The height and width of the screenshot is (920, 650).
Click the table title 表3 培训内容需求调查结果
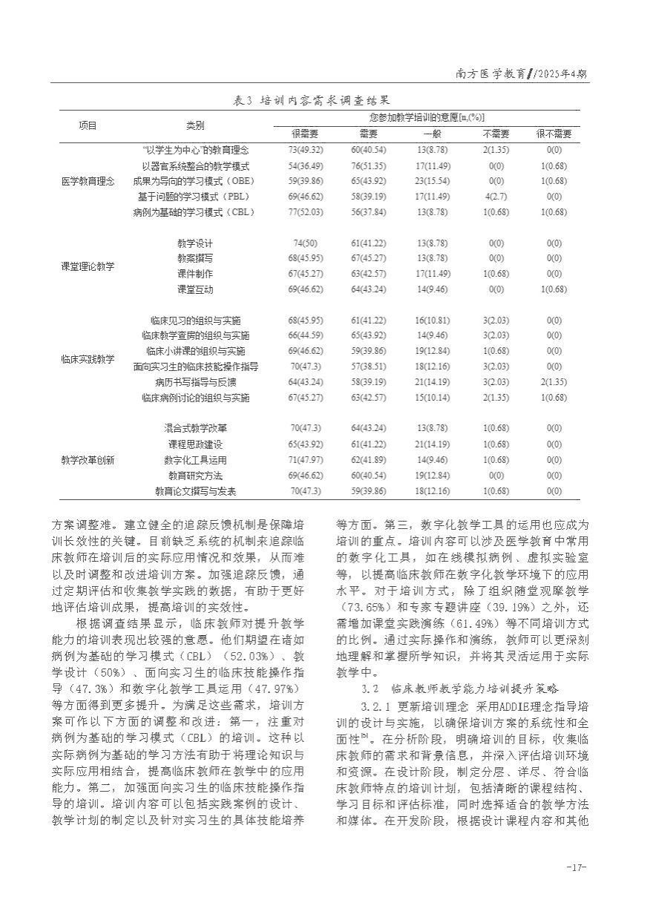312,99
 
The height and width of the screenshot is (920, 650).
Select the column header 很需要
304,134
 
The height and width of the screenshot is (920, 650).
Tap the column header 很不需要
554,134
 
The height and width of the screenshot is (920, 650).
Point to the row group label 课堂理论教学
88,266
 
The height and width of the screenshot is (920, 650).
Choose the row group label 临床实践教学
88,359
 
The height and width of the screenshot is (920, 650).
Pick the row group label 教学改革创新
88,459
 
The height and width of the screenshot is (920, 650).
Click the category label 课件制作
195,274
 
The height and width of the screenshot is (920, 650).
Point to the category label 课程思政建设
195,444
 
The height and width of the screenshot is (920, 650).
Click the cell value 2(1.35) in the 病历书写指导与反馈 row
554,382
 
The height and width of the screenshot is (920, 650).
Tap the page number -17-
577,867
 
